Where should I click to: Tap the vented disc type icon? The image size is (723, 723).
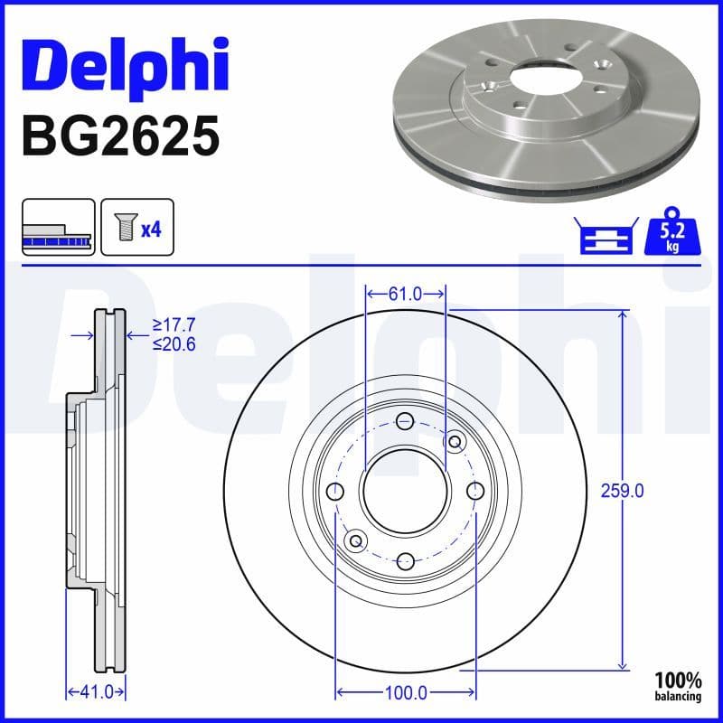pyautogui.click(x=58, y=227)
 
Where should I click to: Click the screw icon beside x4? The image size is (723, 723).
pyautogui.click(x=123, y=228)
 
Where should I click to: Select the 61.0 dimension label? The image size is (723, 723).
pyautogui.click(x=405, y=294)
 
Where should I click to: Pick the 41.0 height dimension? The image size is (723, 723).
pyautogui.click(x=95, y=692)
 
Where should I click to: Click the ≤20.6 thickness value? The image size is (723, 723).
pyautogui.click(x=174, y=343)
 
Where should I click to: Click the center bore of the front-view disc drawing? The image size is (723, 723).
pyautogui.click(x=405, y=490)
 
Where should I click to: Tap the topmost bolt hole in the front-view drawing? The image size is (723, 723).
pyautogui.click(x=405, y=420)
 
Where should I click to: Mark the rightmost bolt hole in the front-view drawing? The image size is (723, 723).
pyautogui.click(x=476, y=490)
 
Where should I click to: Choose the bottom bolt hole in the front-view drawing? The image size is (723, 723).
pyautogui.click(x=405, y=560)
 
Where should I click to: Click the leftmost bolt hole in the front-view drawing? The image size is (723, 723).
pyautogui.click(x=335, y=491)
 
